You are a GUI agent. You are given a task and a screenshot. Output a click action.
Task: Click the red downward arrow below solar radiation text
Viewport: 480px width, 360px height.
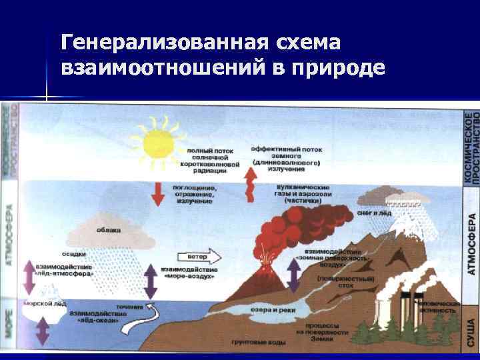click(158, 193)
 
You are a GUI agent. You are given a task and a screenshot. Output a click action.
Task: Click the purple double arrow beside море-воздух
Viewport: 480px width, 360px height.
click(151, 282)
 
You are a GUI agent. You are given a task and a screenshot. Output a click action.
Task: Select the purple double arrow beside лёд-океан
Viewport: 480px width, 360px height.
click(43, 330)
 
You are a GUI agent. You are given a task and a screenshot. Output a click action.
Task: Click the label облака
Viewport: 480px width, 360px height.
click(108, 230)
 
